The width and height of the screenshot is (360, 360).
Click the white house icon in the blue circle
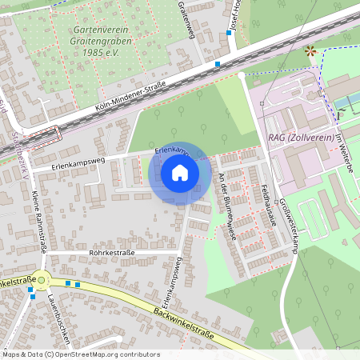[179, 173]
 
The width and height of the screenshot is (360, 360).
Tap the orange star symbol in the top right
[310, 51]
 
